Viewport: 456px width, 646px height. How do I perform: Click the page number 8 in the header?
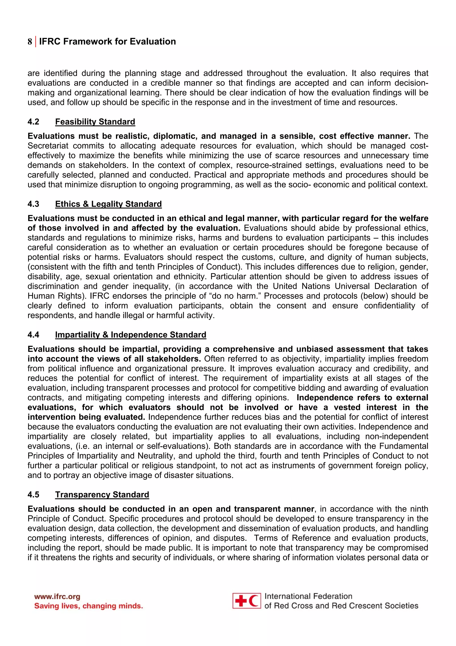(30, 42)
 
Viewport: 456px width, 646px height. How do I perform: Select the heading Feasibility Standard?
(95, 122)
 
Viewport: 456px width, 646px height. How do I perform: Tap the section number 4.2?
(33, 122)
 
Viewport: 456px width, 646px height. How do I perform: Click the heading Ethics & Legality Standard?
(108, 204)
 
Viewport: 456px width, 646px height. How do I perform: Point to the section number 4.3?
(33, 204)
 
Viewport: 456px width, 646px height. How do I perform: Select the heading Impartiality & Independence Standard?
(131, 334)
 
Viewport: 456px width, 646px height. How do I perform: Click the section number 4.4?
(33, 334)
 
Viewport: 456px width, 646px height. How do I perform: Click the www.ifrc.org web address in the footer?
(57, 597)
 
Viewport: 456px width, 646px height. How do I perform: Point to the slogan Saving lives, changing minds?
(88, 606)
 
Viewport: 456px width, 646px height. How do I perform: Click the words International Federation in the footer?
(308, 596)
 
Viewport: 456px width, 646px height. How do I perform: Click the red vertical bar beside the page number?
(36, 42)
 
